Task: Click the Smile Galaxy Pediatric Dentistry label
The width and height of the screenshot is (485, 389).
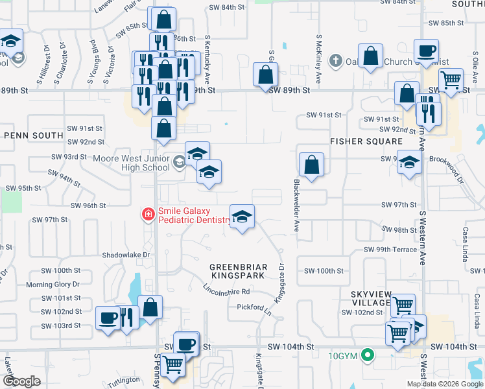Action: pos(194,215)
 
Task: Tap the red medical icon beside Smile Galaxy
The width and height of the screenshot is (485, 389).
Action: pos(148,214)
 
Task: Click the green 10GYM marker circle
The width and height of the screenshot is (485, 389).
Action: pos(368,355)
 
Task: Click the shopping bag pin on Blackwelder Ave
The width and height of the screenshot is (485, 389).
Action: pos(312,165)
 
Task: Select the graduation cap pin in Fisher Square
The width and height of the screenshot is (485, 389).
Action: pos(409,163)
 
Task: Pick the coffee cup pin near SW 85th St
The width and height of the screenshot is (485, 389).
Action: pos(427,51)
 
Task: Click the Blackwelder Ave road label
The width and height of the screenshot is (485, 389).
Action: pos(297,206)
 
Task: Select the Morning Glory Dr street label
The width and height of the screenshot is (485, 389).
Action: pos(53,285)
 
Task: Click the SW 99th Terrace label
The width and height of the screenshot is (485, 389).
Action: pos(390,250)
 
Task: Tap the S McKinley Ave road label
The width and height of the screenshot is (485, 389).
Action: pos(319,59)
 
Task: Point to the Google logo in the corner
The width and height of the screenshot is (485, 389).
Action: pos(22,381)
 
